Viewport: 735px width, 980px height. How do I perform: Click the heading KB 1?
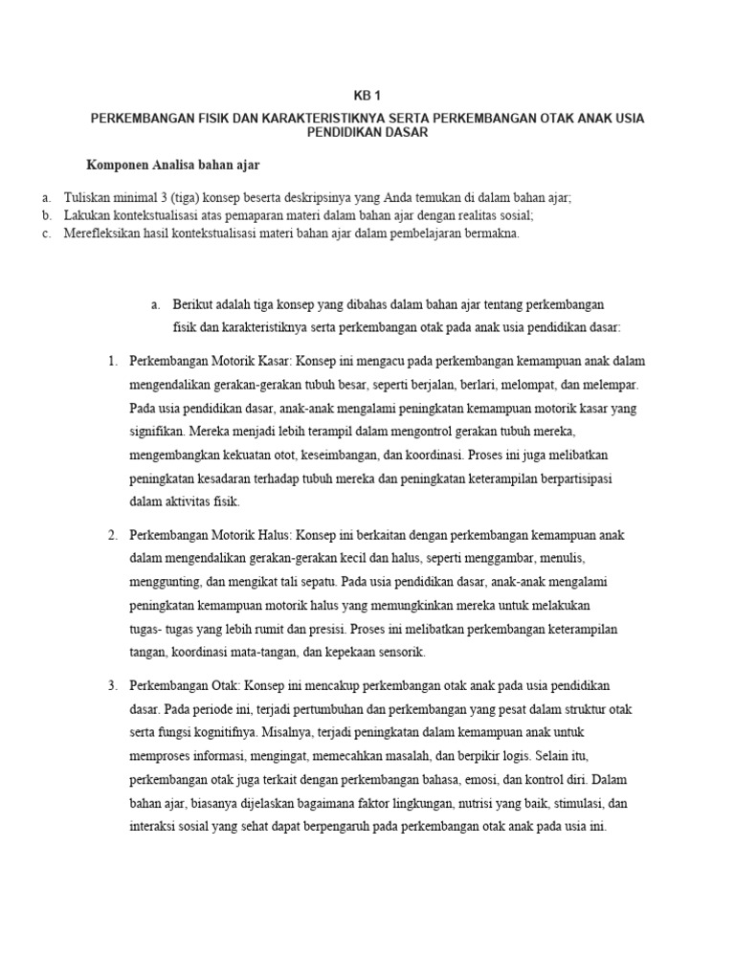[x=367, y=97]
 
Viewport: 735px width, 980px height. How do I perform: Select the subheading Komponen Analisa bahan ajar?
[x=173, y=164]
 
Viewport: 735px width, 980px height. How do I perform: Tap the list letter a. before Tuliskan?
[x=46, y=197]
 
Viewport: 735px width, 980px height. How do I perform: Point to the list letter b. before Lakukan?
[x=46, y=215]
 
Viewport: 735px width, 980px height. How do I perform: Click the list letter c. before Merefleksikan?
[x=46, y=234]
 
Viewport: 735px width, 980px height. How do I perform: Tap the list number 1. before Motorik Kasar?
[x=112, y=361]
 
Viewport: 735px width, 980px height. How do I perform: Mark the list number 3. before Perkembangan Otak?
[x=112, y=686]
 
